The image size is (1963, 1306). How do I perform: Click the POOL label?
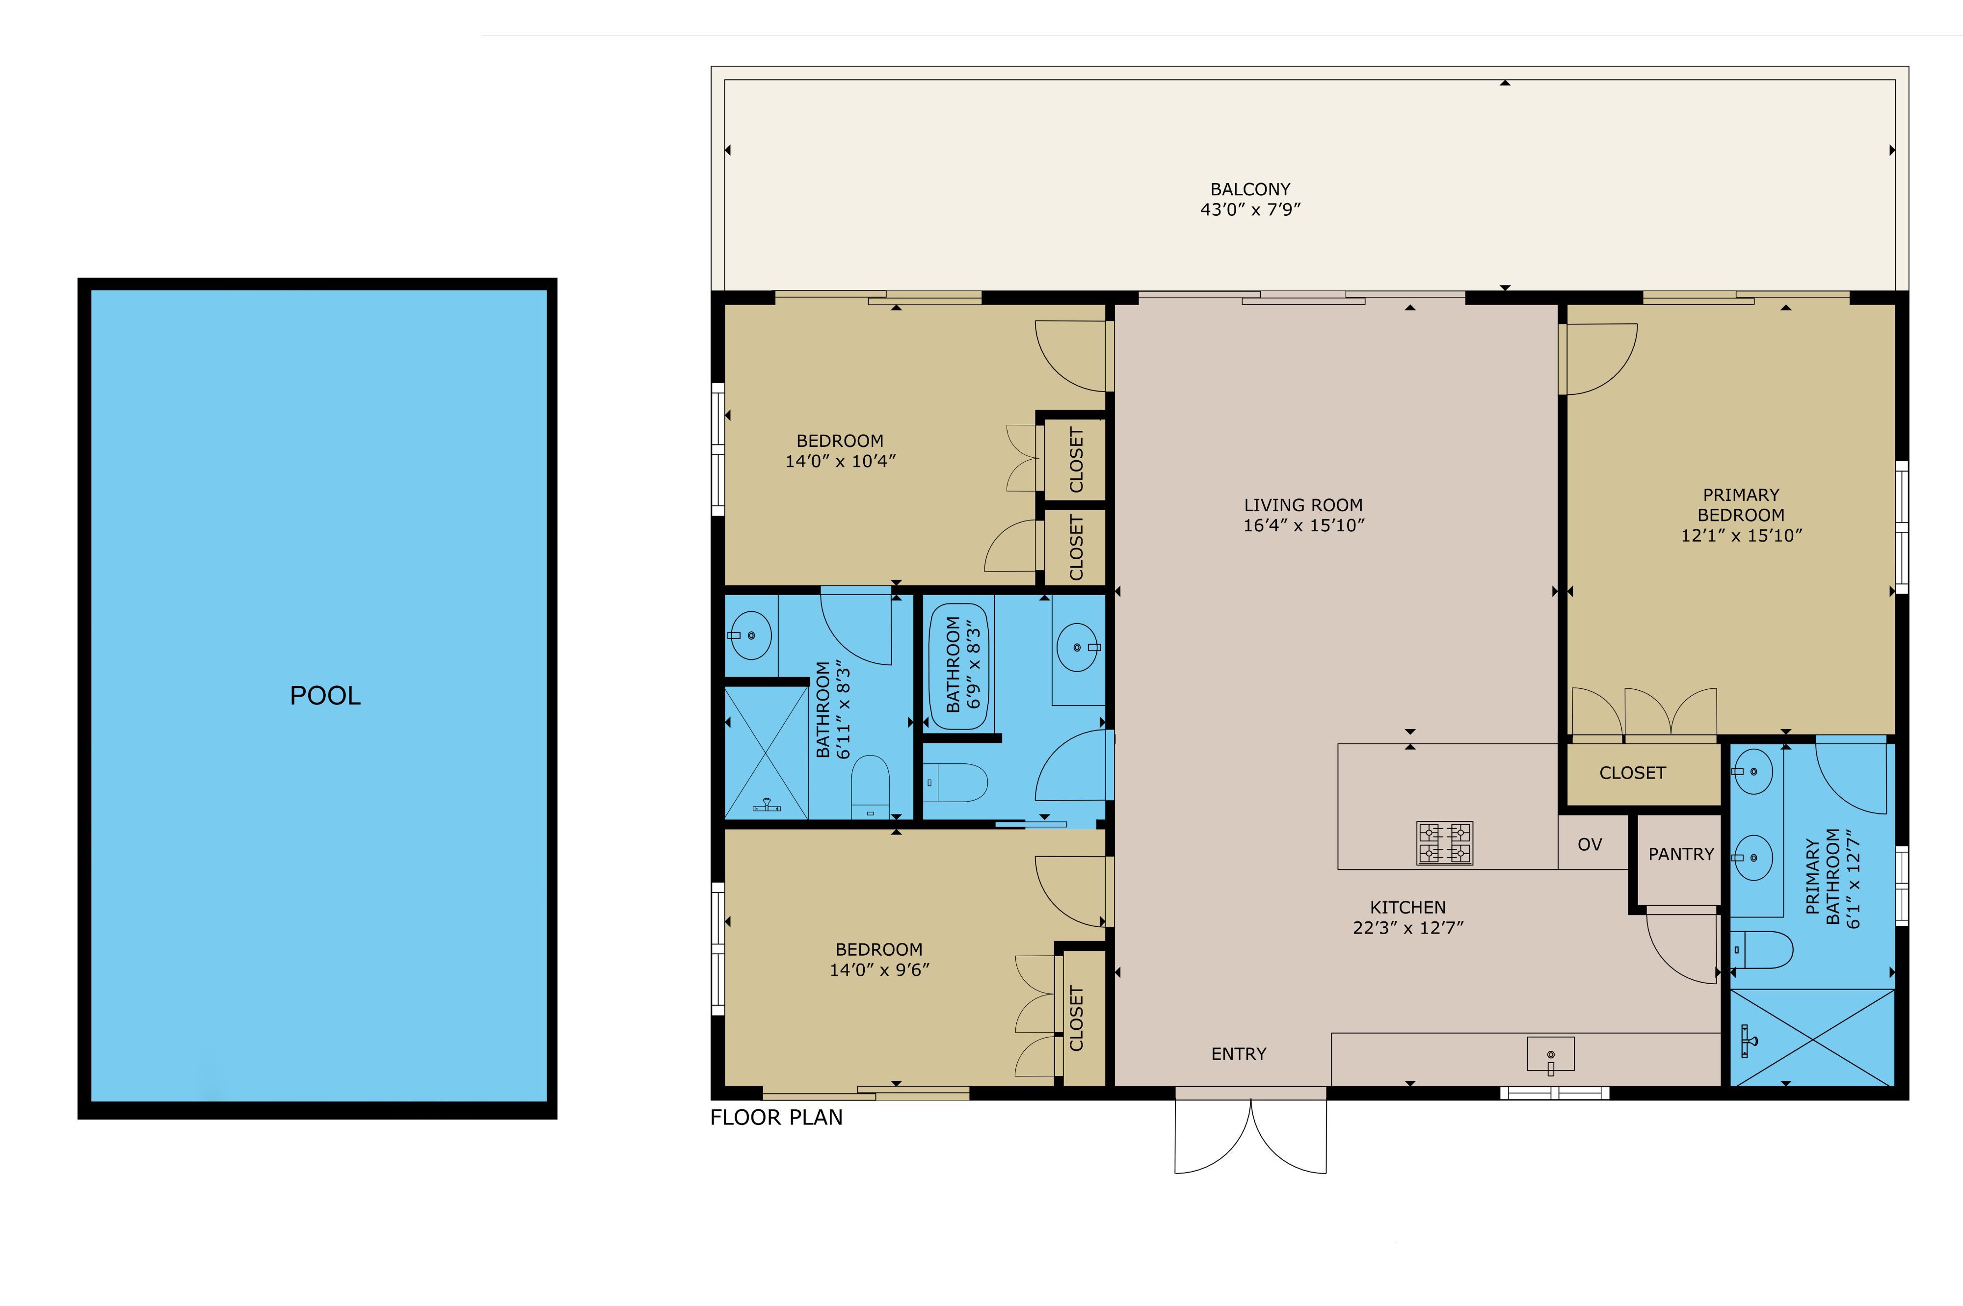pos(325,696)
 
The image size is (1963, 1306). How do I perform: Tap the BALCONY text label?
pos(1250,189)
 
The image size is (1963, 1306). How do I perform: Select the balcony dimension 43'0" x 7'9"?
pos(1250,210)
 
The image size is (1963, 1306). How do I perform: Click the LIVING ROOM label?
pos(1303,505)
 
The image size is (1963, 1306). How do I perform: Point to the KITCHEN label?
pos(1408,907)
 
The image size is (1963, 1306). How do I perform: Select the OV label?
pos(1590,844)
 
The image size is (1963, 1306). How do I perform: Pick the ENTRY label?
pos(1239,1054)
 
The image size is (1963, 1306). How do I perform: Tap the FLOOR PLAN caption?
pos(776,1117)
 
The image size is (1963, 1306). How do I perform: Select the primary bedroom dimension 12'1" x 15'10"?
pos(1741,536)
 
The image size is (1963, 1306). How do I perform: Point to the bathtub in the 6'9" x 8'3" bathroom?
pos(960,666)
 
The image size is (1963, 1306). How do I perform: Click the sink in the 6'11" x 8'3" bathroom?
pos(751,635)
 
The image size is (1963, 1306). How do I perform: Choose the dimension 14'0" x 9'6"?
pos(879,969)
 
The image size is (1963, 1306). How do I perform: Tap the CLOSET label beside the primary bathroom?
pos(1632,773)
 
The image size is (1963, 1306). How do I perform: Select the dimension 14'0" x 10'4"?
pos(840,461)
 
